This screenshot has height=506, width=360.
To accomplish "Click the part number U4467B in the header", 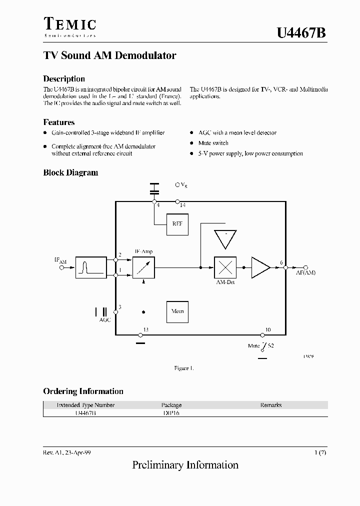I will tap(301, 33).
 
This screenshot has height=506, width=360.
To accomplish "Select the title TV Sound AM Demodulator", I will tap(109, 55).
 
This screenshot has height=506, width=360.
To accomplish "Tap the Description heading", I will tap(64, 79).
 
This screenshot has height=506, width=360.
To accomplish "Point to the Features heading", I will tap(59, 122).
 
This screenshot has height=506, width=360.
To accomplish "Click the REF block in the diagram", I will tap(177, 224).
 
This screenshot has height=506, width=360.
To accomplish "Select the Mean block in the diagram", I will tap(177, 311).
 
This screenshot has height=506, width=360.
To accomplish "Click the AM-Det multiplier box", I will tap(225, 267).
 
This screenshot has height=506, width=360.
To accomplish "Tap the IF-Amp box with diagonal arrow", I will tap(144, 267).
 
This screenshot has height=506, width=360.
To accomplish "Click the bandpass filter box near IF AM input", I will tap(91, 267).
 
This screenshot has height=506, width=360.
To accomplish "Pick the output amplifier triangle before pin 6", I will tap(260, 267).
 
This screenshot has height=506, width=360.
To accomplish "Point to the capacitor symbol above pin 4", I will tap(154, 188).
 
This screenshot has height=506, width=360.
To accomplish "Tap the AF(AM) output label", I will tap(305, 272).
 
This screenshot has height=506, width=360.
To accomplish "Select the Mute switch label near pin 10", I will tap(254, 345).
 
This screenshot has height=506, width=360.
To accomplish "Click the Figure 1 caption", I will tap(183, 368).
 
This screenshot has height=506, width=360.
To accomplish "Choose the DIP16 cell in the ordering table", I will tap(171, 413).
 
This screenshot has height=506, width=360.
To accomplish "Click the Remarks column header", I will tap(271, 405).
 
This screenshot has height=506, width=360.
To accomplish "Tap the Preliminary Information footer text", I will tap(185, 465).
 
